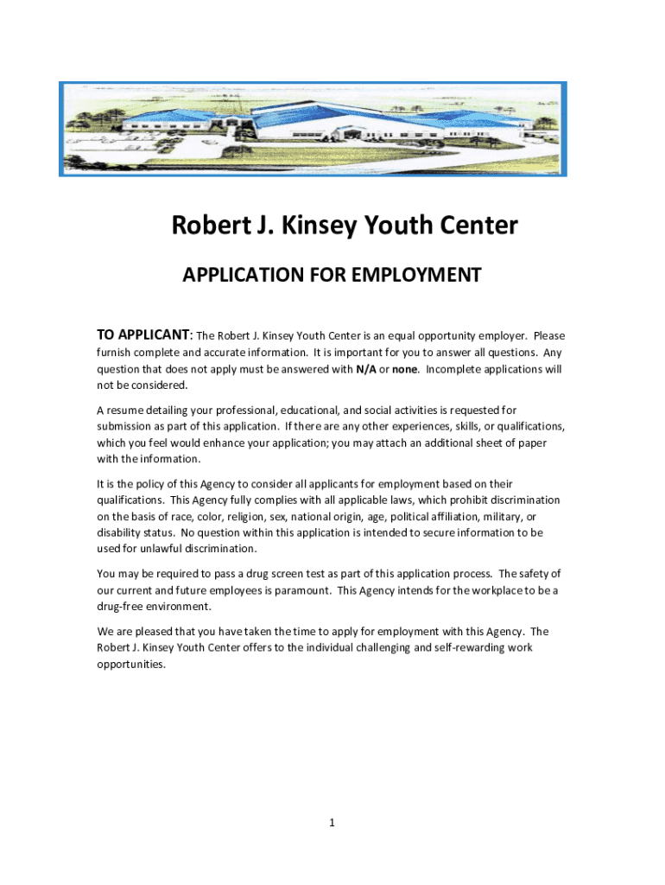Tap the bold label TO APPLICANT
pos(143,335)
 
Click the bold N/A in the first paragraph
pos(365,369)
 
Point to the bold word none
pos(405,369)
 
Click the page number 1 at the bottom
pos(332,823)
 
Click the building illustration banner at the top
pos(313,130)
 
